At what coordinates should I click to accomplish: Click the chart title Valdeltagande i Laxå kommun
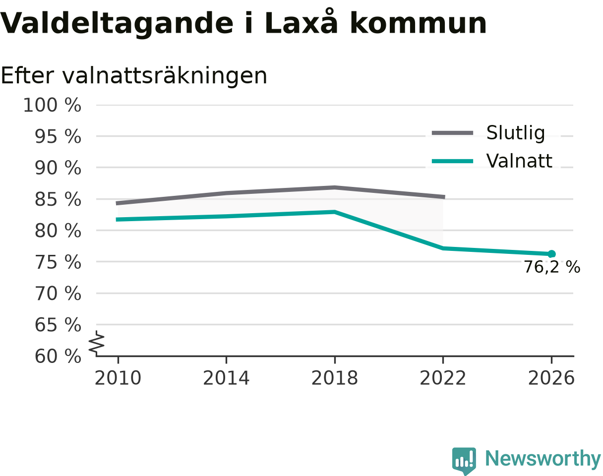point(243,23)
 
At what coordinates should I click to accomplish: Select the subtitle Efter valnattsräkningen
point(134,76)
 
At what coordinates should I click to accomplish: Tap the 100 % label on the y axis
point(52,105)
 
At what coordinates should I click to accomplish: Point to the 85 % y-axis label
point(58,199)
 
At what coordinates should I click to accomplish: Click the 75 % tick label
point(58,262)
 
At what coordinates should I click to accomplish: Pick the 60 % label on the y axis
point(58,357)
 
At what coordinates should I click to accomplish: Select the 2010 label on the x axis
point(118,378)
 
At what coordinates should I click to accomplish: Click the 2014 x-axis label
point(226,378)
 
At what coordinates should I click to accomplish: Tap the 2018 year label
point(335,378)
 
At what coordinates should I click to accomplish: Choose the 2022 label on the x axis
point(443,378)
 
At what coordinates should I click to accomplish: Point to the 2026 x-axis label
point(551,378)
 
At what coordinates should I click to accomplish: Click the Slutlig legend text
point(516,133)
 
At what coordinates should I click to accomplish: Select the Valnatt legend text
point(519,161)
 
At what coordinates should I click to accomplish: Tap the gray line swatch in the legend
point(452,133)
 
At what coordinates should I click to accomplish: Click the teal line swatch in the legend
point(452,161)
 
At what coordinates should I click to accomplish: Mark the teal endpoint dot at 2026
point(551,254)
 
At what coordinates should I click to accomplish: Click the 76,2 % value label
point(552,267)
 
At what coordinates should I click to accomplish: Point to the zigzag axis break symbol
point(97,343)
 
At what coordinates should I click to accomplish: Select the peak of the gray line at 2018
point(335,187)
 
